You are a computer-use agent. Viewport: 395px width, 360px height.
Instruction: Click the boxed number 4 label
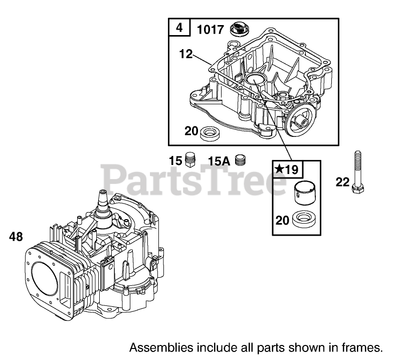point(179,28)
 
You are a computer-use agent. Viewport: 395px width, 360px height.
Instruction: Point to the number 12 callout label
point(185,54)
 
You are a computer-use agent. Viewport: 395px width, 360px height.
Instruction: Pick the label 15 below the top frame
point(174,161)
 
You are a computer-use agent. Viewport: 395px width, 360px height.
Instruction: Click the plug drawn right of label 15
point(190,160)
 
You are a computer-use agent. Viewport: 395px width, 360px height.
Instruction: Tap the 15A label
point(219,161)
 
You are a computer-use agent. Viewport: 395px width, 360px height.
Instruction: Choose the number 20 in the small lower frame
point(282,220)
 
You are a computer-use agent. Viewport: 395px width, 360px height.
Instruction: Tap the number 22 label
point(342,182)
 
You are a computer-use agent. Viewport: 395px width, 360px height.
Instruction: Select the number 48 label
point(16,237)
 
